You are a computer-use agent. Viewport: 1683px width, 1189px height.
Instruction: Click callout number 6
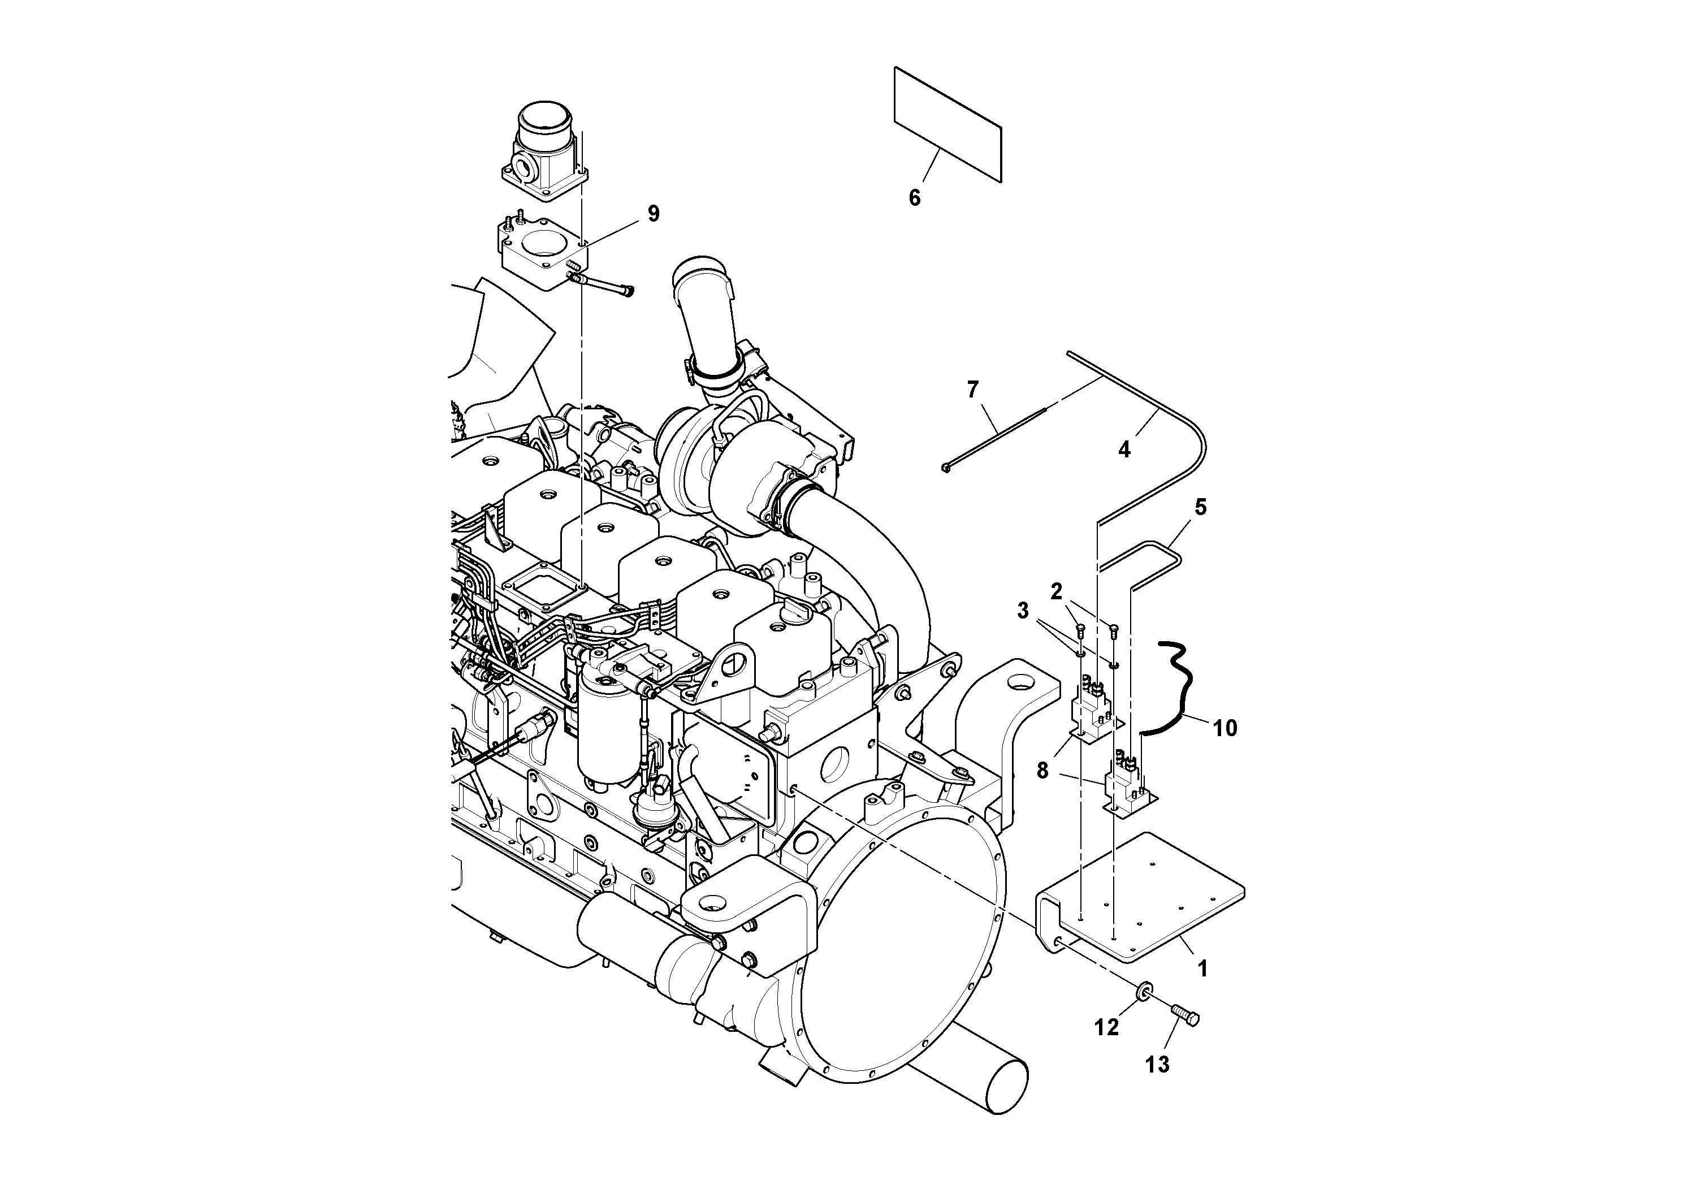tap(914, 197)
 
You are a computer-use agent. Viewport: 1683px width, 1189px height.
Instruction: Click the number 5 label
tap(1200, 507)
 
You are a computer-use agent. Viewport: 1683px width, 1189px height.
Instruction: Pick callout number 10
tap(1224, 728)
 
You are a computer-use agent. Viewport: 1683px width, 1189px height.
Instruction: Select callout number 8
tap(1042, 771)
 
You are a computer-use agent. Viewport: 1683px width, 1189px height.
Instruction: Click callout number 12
tap(1106, 1028)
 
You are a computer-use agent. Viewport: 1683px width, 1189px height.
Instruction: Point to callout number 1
tap(1201, 969)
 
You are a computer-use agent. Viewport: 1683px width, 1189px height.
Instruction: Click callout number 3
tap(1023, 611)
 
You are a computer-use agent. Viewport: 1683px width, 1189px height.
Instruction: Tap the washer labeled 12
tap(1143, 993)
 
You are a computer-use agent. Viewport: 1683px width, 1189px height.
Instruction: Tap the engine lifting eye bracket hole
tap(733, 665)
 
